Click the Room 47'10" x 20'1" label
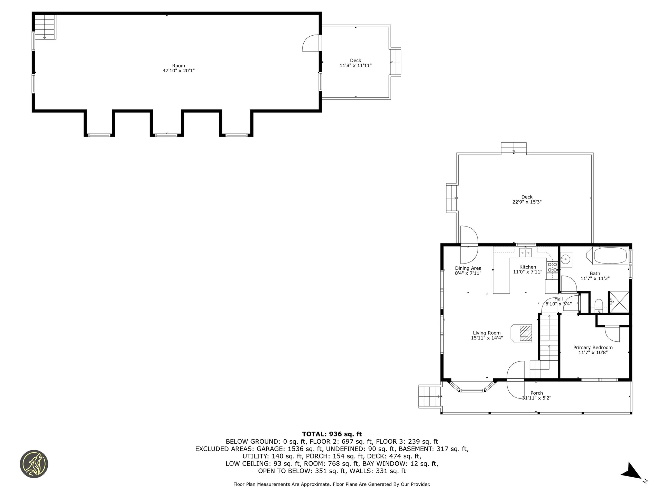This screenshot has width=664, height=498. coord(178,68)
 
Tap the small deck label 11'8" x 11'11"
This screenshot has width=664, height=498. coord(356,63)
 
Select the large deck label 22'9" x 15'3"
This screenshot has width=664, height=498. coord(527,200)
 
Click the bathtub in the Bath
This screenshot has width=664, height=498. coord(610,256)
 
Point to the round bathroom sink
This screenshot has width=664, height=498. coord(566,259)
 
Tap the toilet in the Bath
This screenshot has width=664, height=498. coord(599,305)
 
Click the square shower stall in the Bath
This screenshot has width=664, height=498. coord(619,302)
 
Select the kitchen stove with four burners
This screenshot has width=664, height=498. coord(552,267)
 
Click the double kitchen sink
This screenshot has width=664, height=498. coord(525,253)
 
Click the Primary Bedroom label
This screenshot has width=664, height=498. coord(593,350)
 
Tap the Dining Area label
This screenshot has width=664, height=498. coord(468,270)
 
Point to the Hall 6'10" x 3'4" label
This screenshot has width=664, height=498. coord(558,301)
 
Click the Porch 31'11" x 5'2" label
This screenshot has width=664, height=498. coord(536,395)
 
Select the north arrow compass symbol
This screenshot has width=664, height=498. coord(633,472)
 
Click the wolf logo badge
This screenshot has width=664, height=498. coord(34,464)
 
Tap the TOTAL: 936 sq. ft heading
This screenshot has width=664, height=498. coord(332,434)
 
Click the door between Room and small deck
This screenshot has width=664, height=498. coord(312,43)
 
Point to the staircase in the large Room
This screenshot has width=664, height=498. coord(45,27)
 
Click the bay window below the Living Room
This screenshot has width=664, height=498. coord(472,389)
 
